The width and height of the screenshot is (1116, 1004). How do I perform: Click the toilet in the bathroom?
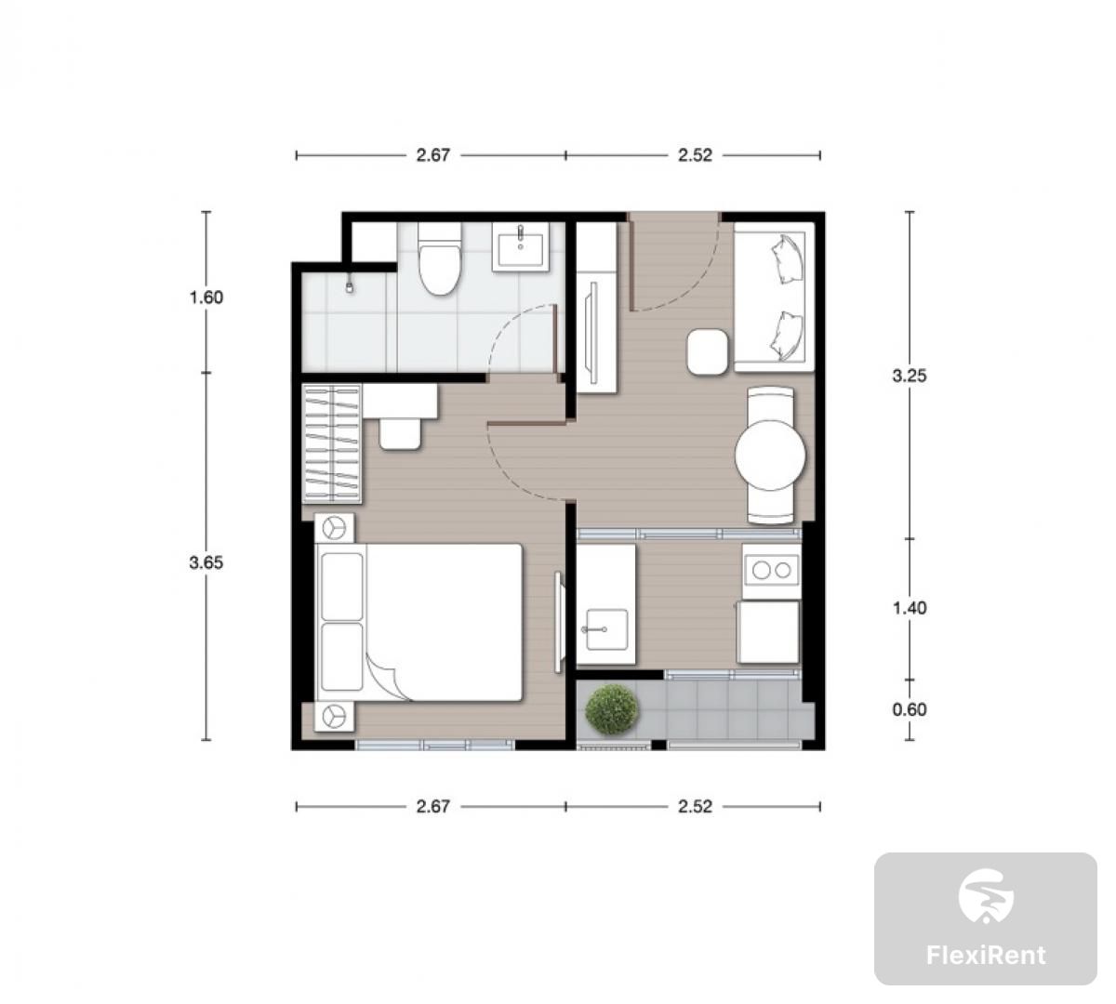[x=440, y=258]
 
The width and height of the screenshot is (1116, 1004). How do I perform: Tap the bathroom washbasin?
[x=521, y=247]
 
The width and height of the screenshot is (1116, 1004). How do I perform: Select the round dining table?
[x=771, y=455]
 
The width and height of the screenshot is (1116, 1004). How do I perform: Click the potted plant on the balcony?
[x=613, y=709]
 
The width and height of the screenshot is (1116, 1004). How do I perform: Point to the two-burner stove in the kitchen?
[x=772, y=570]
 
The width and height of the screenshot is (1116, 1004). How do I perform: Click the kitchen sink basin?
[x=605, y=629]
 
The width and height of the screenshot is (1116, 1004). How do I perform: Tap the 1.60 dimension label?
[x=206, y=297]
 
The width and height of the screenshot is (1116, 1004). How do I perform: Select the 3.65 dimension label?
[x=206, y=562]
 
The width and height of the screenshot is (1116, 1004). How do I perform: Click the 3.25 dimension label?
[x=910, y=376]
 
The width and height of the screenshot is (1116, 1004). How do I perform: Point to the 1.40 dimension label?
[x=910, y=608]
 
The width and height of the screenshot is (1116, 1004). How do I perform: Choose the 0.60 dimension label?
[x=910, y=709]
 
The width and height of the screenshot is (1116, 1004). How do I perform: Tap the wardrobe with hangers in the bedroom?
[x=332, y=443]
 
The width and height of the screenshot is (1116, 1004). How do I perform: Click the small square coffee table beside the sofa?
[x=707, y=351]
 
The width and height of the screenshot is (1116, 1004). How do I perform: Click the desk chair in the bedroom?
[x=400, y=434]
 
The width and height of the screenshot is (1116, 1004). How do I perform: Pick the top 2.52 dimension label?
[x=695, y=155]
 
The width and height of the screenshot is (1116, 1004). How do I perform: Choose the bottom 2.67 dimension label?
[x=432, y=806]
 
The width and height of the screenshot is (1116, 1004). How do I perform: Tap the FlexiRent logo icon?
[x=986, y=896]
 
